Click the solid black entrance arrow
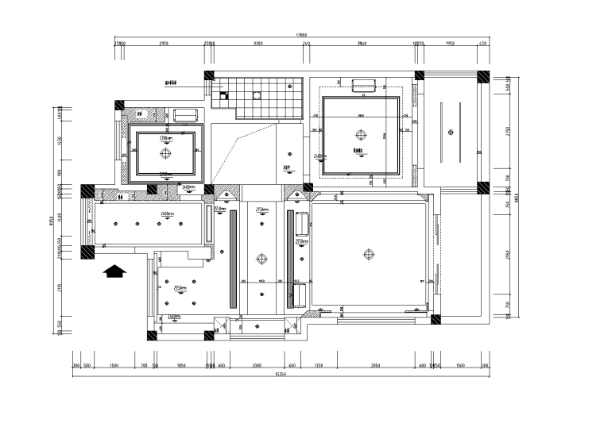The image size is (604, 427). (x=115, y=271)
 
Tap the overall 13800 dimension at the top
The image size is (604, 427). (x=300, y=36)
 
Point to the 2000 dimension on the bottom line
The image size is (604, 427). (x=257, y=365)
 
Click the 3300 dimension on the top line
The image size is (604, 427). (x=257, y=44)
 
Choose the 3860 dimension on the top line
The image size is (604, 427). (x=361, y=44)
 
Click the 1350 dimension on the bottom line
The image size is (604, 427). (x=318, y=365)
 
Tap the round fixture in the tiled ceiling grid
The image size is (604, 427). (x=256, y=95)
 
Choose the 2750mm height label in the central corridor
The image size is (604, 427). (x=260, y=211)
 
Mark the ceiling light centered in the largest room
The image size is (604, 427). (x=368, y=255)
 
